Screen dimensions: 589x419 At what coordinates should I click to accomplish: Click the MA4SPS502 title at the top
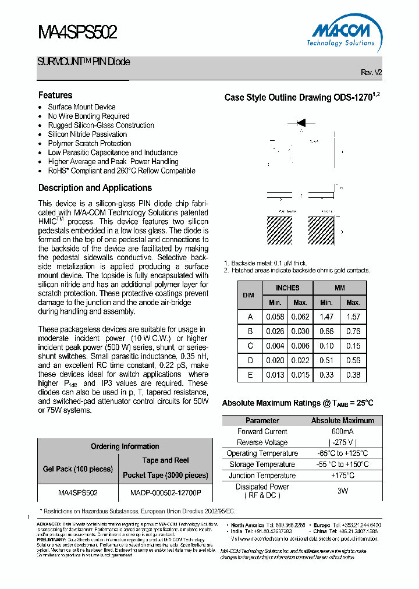77,33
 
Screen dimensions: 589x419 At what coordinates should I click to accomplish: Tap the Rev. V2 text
371,72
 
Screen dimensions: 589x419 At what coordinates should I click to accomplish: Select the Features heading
55,95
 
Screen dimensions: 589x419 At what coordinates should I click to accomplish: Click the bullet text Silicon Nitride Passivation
87,134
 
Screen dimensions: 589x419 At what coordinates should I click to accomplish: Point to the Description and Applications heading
95,187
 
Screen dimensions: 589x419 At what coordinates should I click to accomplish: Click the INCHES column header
287,288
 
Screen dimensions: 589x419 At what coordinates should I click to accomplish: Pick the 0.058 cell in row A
275,317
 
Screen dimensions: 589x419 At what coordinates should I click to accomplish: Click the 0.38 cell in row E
353,375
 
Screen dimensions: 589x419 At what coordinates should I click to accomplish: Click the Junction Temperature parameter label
262,476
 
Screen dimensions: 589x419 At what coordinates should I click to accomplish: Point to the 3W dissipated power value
342,491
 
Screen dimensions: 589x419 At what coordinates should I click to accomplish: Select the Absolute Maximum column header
342,420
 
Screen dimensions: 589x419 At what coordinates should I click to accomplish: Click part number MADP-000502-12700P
165,492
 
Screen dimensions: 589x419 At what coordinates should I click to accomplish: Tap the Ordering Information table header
125,446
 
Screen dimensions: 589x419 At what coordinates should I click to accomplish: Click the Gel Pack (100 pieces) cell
78,469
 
